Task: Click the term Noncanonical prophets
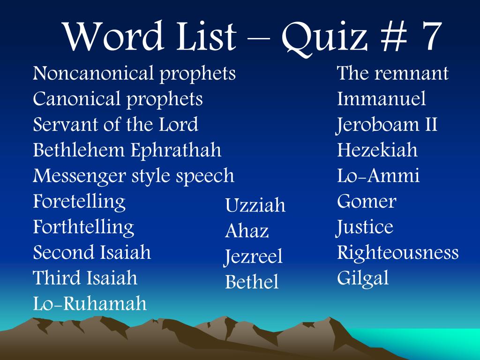tap(135, 74)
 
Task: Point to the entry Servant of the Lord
tap(116, 125)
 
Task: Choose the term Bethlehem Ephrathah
tap(127, 150)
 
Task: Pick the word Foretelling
tap(79, 202)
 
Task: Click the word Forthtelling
tap(83, 227)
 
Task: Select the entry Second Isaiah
tap(92, 253)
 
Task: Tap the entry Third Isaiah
tap(85, 278)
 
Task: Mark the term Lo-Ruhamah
tap(90, 304)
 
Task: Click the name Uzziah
tap(255, 205)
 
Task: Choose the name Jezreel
tap(254, 257)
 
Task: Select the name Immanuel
tap(381, 99)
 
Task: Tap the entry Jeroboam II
tap(387, 125)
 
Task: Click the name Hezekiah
tap(377, 150)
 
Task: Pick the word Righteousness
tap(397, 253)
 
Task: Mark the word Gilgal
tap(363, 278)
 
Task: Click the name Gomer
tap(367, 202)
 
